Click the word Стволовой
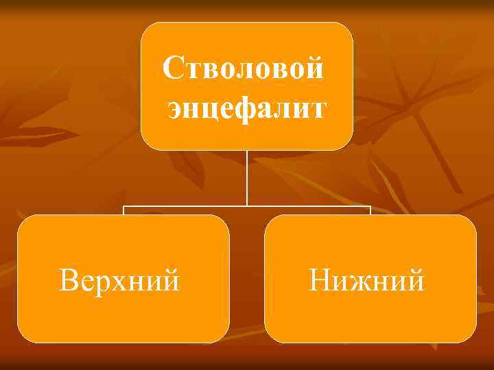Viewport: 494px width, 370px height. pos(244,69)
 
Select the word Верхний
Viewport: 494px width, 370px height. pos(120,280)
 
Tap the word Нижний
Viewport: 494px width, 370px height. pos(366,280)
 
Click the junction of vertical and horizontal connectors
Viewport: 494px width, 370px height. pos(247,206)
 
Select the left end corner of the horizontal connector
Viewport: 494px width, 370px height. pos(123,206)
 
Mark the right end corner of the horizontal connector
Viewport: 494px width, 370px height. pos(370,206)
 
